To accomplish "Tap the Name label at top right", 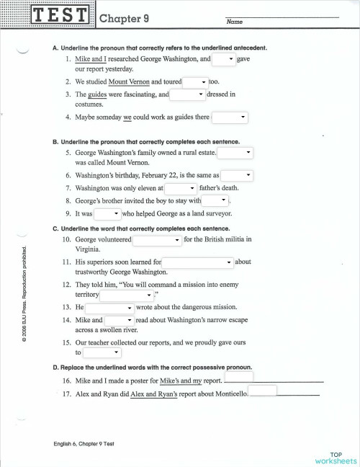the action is coord(235,22).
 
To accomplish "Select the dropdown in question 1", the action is coord(223,58).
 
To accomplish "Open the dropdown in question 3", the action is coord(188,94).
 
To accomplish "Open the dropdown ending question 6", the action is coord(237,175).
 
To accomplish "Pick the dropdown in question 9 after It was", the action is coord(107,213).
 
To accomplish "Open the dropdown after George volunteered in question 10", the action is coord(157,239).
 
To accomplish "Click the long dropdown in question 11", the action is coord(198,262).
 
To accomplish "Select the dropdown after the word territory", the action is coord(127,295).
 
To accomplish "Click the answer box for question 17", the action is coord(263,391).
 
